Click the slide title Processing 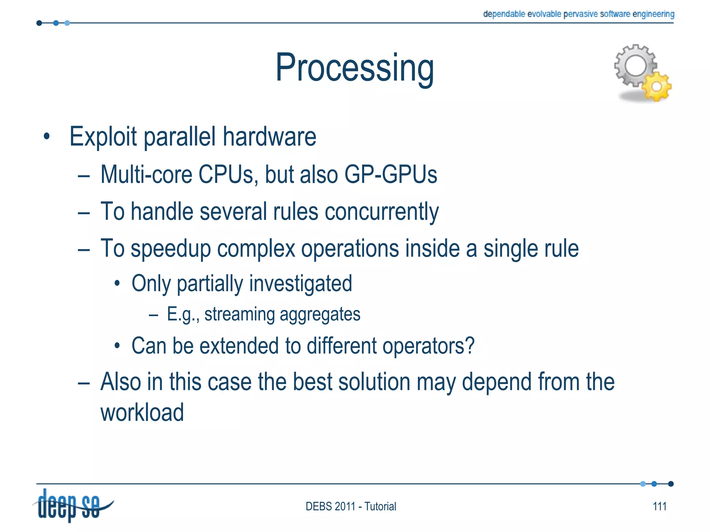point(354,68)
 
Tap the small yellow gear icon point(657,86)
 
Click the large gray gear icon point(635,65)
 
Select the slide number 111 point(659,506)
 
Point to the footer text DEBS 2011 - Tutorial point(350,506)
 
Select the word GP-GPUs point(390,174)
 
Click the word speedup point(171,249)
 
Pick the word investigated point(300,284)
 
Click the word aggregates point(320,314)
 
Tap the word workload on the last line point(142,413)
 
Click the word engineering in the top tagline point(653,14)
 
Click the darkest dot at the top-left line point(39,23)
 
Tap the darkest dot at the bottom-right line point(670,484)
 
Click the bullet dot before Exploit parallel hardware point(47,136)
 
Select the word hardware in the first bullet point(269,136)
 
